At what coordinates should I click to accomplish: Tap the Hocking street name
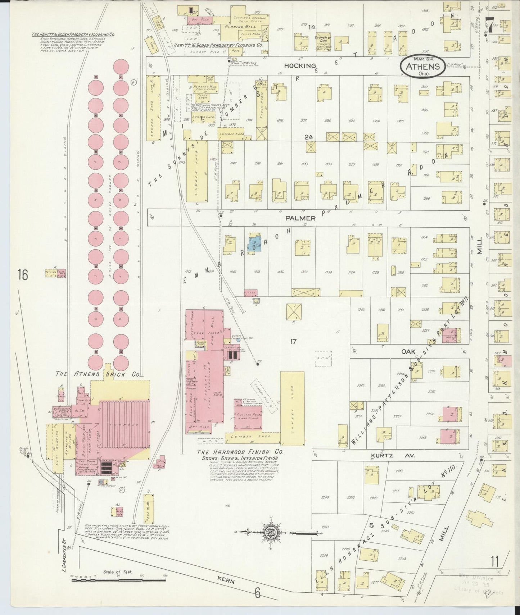click(x=300, y=65)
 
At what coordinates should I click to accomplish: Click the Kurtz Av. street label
click(x=393, y=455)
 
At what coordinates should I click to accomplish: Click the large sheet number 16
click(x=23, y=275)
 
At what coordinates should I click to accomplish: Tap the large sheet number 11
click(x=494, y=561)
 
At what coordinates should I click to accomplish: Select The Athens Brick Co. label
click(x=97, y=374)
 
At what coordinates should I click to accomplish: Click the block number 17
click(x=293, y=341)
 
